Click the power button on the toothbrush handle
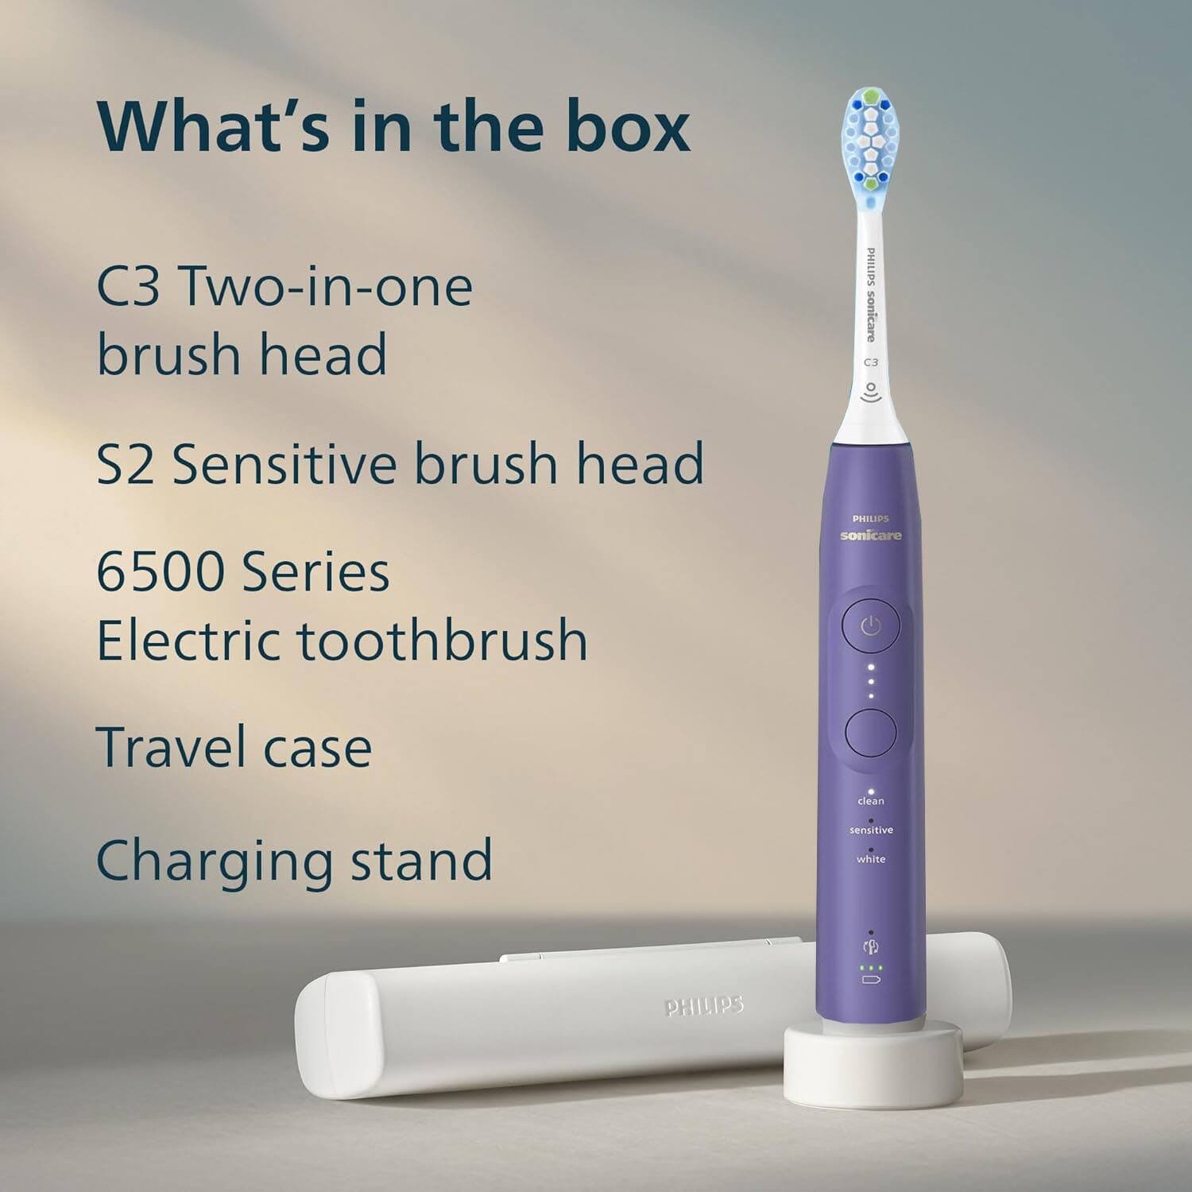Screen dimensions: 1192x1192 tap(871, 627)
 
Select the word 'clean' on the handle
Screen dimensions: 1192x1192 tap(871, 801)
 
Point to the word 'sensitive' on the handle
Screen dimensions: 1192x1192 tap(871, 830)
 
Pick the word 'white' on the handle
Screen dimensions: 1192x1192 tap(871, 859)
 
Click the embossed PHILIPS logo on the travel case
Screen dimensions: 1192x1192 tap(704, 1007)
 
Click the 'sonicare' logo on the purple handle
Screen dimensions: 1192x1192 tap(871, 536)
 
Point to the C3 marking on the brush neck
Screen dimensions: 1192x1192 tap(871, 362)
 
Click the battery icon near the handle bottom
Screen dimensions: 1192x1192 tap(871, 980)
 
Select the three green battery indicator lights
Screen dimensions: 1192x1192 tap(871, 968)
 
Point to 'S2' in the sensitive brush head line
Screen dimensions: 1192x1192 tap(125, 463)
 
